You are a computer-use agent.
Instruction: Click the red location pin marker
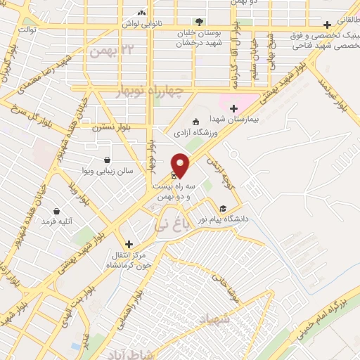[x=181, y=165]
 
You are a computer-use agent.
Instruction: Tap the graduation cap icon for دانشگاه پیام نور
[x=223, y=208]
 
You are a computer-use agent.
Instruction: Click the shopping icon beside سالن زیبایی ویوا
[x=106, y=160]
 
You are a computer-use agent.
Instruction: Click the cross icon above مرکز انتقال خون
[x=128, y=243]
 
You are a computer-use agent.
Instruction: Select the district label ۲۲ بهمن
[x=105, y=50]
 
